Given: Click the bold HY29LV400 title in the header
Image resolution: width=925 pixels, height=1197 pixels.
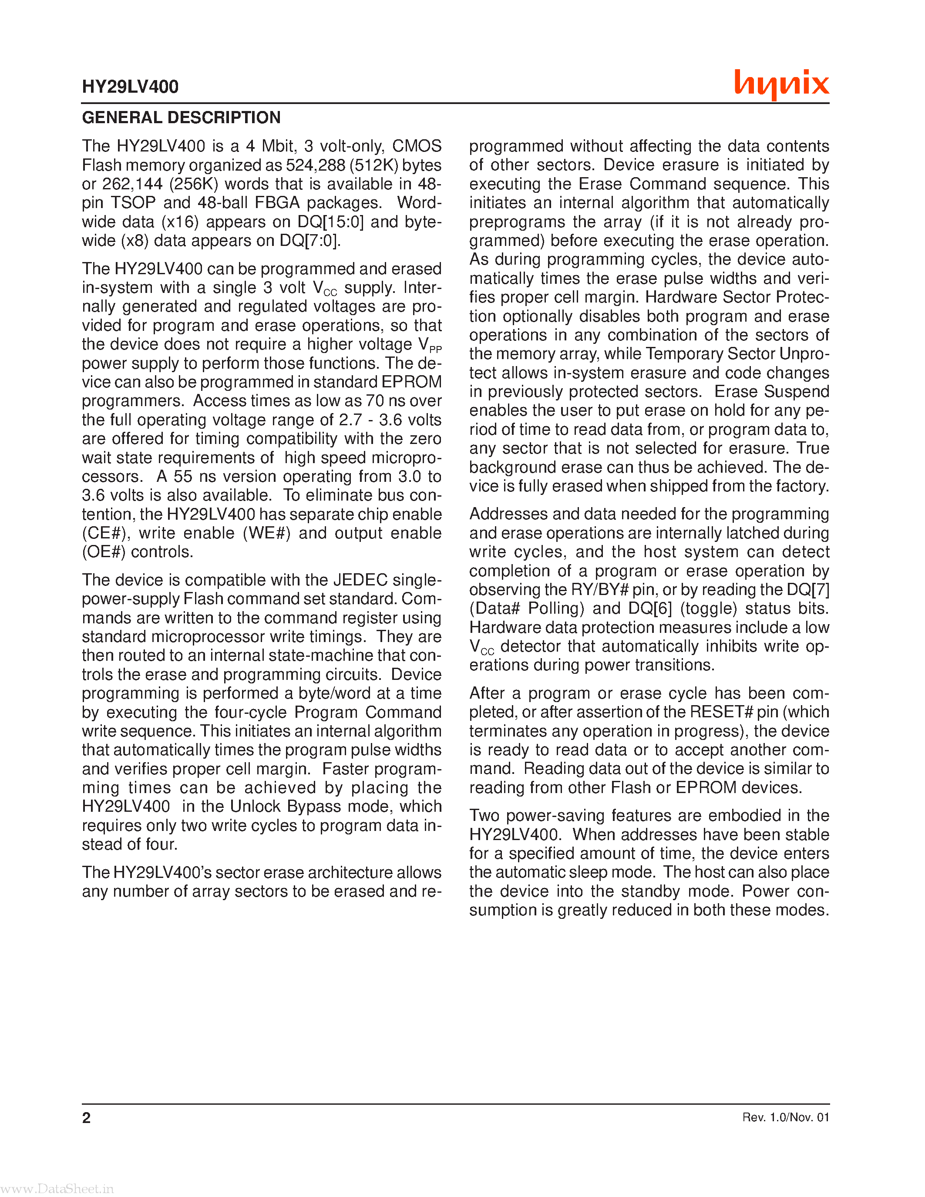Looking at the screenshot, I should [130, 87].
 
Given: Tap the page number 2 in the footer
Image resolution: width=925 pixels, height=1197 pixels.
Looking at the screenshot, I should [86, 1117].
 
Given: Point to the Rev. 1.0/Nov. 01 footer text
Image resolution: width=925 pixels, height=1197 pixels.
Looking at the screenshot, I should [785, 1117].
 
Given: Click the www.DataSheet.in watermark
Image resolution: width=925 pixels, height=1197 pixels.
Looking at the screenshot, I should [57, 1189].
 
